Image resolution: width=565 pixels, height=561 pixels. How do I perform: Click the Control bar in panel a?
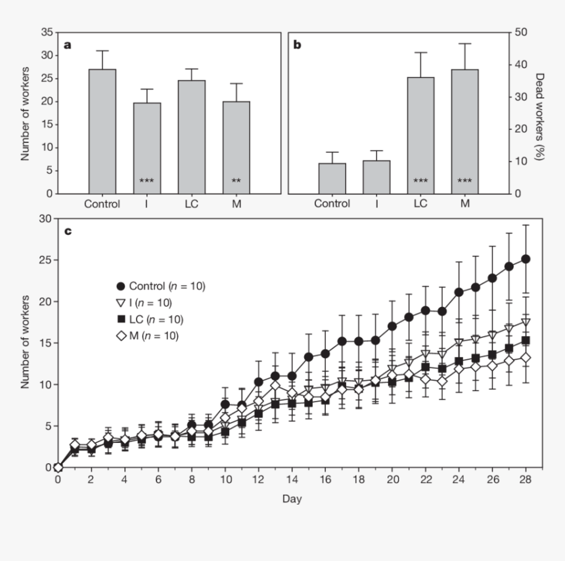click(x=102, y=131)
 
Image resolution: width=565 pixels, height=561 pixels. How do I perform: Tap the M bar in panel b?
click(x=464, y=131)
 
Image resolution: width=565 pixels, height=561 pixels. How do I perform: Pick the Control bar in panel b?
click(x=332, y=178)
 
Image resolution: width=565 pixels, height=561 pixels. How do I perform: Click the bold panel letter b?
click(x=297, y=46)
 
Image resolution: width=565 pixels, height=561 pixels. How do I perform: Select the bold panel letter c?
click(x=68, y=231)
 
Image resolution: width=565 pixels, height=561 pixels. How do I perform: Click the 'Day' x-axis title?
click(x=292, y=499)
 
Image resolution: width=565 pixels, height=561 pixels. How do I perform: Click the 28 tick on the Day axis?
click(x=525, y=480)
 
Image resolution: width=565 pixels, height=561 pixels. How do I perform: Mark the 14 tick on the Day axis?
click(x=292, y=480)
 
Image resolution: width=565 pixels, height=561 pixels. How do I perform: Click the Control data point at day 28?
click(x=525, y=259)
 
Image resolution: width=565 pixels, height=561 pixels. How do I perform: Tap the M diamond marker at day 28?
click(x=525, y=358)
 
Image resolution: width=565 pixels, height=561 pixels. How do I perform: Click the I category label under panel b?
click(x=376, y=203)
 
